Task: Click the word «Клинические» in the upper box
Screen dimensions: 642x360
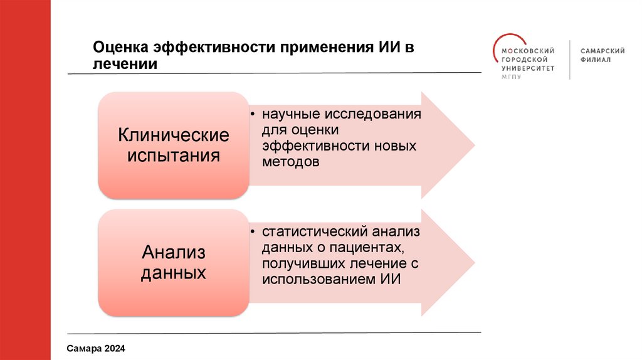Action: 174,135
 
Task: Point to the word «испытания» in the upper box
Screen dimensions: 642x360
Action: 174,155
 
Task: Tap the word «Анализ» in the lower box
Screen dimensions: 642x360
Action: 174,253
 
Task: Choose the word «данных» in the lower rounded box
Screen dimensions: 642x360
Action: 174,273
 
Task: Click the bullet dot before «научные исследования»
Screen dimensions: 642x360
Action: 252,115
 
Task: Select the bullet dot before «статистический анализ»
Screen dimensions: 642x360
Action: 252,233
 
